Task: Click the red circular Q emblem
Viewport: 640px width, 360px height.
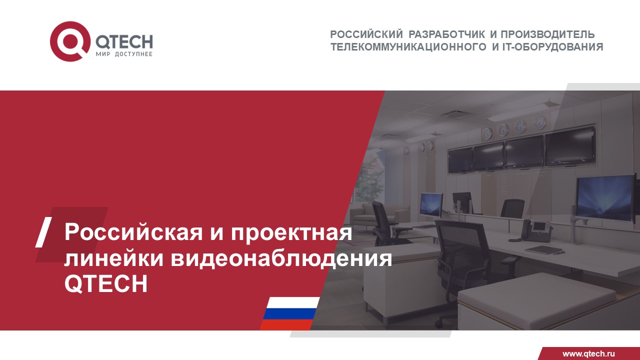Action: (x=70, y=41)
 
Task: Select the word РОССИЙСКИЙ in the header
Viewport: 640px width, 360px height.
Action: (x=366, y=34)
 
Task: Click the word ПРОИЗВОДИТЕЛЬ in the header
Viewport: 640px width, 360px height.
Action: (x=548, y=34)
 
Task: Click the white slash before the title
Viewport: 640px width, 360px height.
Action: (x=44, y=232)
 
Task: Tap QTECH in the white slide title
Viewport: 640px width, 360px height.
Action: (x=106, y=284)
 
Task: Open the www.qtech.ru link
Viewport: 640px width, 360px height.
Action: (x=588, y=353)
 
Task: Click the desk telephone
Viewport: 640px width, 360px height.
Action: (x=537, y=230)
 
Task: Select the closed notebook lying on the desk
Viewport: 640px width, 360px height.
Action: (x=543, y=249)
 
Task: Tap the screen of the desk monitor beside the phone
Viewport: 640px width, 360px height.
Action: (x=605, y=198)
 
